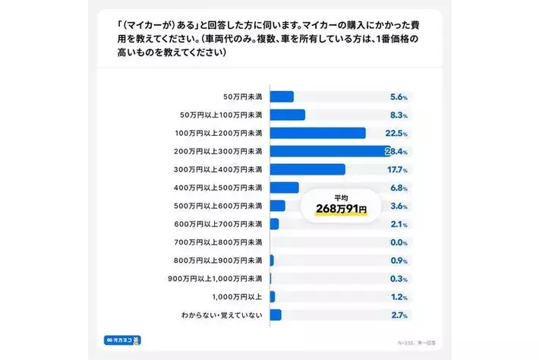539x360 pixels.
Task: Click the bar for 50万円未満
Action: tap(282, 96)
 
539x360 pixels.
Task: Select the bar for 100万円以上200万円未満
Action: tap(317, 133)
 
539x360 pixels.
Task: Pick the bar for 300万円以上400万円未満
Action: tap(307, 169)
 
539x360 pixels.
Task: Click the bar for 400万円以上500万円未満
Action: tap(284, 188)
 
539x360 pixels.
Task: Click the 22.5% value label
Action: tap(399, 133)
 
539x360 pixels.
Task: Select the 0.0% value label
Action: tap(399, 242)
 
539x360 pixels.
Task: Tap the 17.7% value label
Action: tap(399, 169)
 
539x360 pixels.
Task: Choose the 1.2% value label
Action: tap(399, 297)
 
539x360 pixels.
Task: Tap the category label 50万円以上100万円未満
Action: tap(221, 115)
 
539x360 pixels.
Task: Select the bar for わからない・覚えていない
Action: tap(276, 315)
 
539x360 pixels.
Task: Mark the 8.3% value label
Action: tap(399, 115)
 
